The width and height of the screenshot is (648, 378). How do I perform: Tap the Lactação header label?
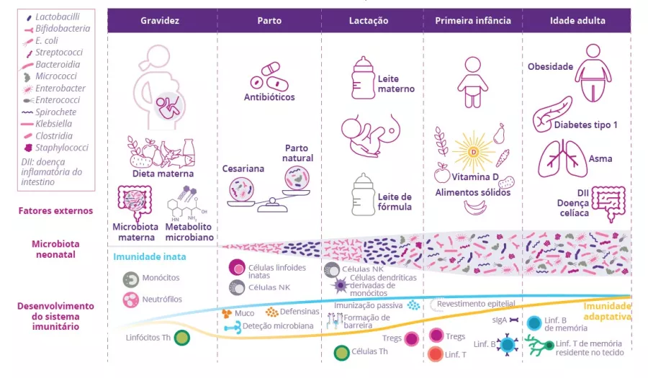pos(369,21)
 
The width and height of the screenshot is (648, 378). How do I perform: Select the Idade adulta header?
pos(577,21)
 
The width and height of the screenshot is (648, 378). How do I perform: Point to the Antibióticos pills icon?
pos(267,76)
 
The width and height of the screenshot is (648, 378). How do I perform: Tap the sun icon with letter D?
pos(473,151)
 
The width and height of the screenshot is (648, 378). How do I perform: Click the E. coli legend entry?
pos(46,40)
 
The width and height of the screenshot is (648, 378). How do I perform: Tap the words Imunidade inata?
pos(150,256)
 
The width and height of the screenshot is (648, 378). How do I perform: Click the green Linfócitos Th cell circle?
pos(182,337)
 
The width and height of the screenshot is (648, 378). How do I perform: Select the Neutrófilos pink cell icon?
pos(131,300)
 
